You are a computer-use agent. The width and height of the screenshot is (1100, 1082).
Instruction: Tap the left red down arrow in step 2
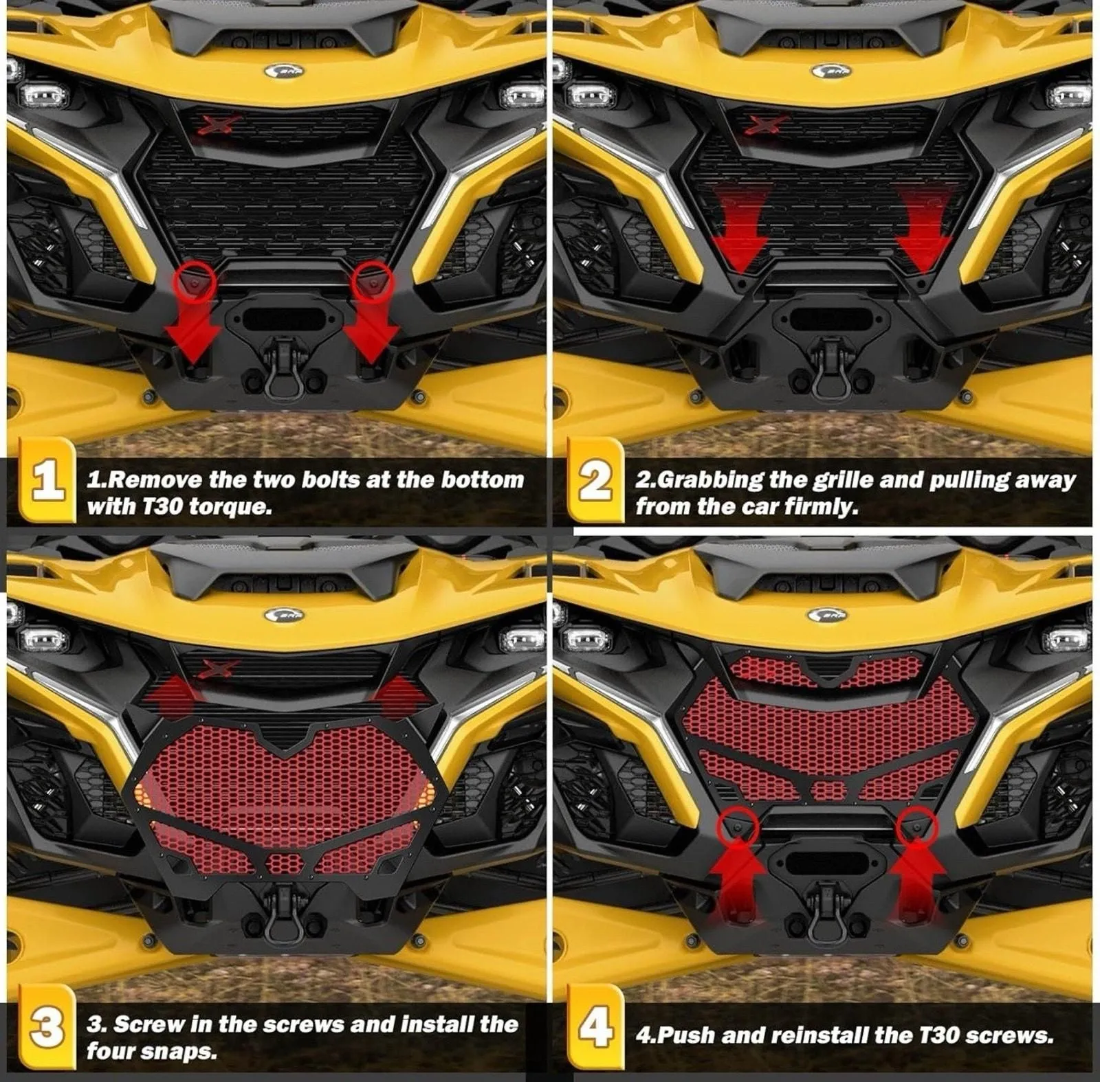(x=740, y=230)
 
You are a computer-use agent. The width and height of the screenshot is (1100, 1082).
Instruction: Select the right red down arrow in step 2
(x=925, y=230)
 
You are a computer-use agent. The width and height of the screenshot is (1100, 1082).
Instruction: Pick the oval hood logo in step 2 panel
(x=830, y=71)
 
